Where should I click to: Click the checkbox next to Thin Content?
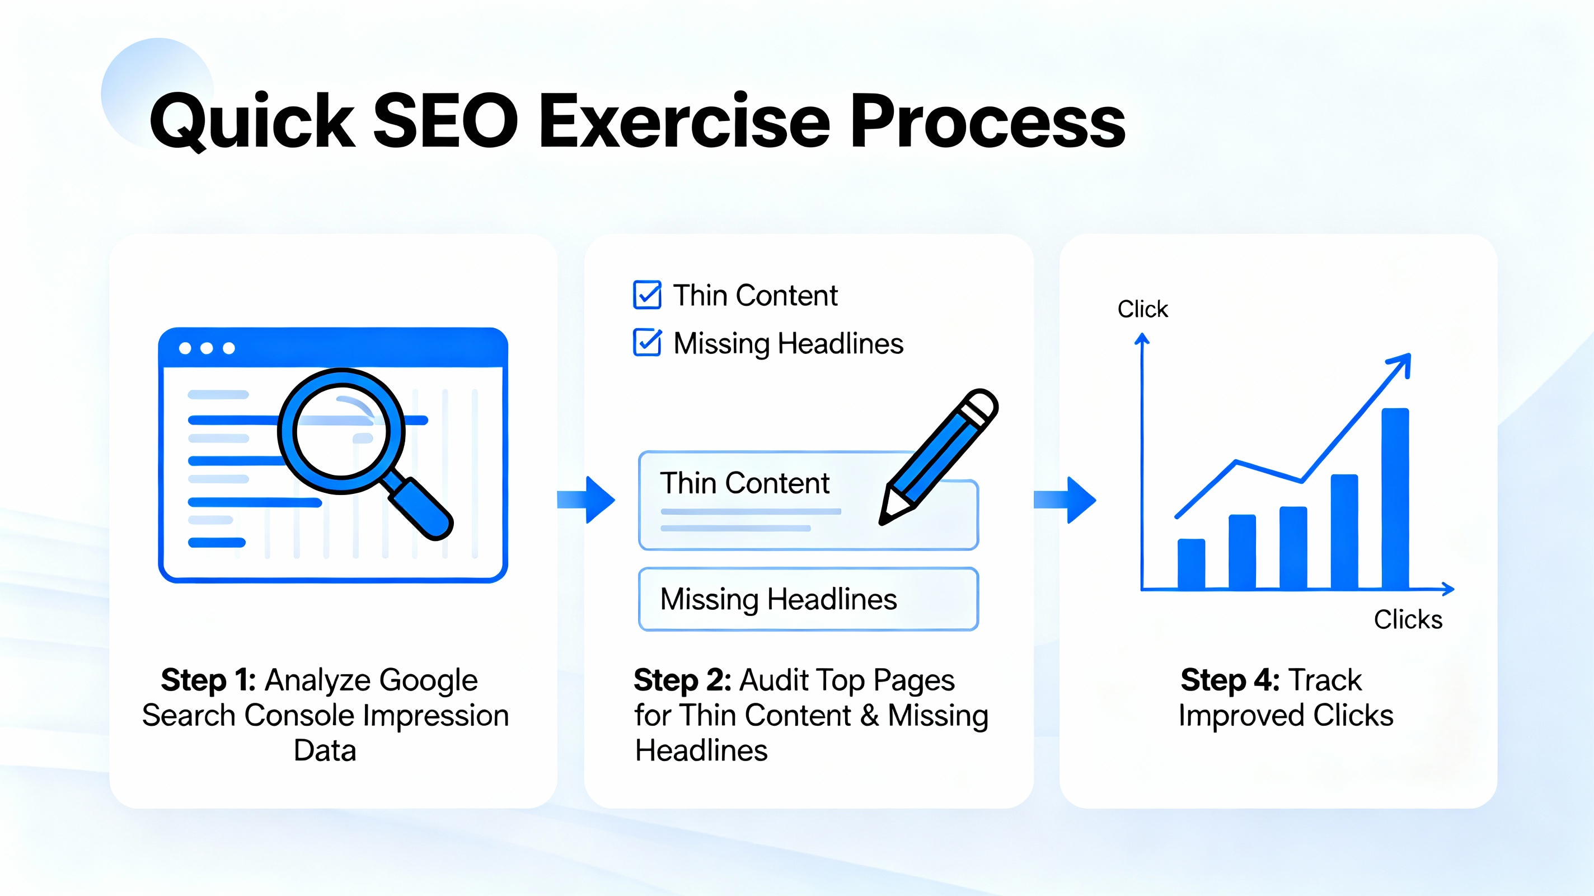[x=647, y=295]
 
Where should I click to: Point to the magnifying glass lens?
[x=341, y=431]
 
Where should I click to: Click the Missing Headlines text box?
[x=808, y=599]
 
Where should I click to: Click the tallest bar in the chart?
[x=1395, y=498]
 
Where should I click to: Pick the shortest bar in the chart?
[x=1191, y=563]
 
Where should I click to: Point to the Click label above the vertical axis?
[x=1142, y=309]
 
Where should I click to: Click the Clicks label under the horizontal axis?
[x=1408, y=619]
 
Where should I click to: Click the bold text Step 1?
[x=209, y=680]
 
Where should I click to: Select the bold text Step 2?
[x=682, y=680]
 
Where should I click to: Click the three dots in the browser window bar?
[x=207, y=348]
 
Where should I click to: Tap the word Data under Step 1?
[x=325, y=750]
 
